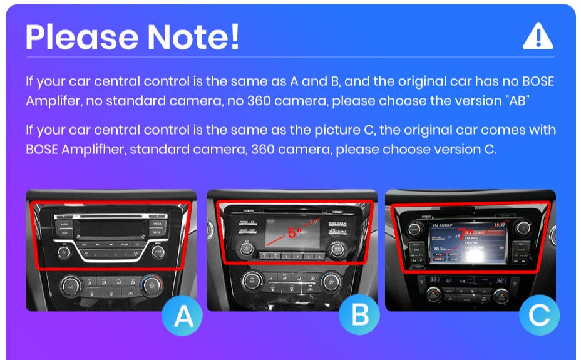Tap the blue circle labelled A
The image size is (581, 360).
coord(183,317)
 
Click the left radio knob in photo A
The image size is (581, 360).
coord(64,253)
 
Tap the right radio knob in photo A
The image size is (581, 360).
coord(158,252)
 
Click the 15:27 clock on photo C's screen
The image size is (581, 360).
coord(499,225)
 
